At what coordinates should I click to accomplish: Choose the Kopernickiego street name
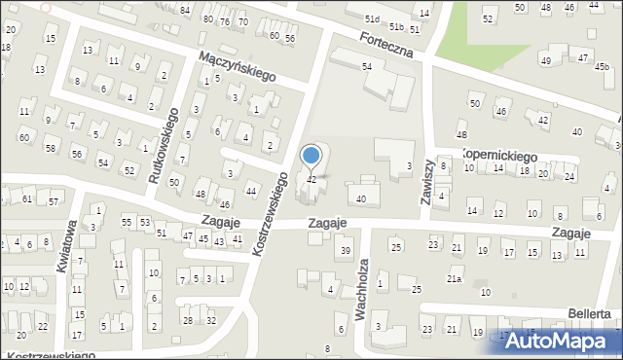click(x=500, y=156)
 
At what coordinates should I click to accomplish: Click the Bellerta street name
click(x=592, y=313)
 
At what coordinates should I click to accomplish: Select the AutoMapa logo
click(x=561, y=342)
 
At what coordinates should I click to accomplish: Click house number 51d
click(x=371, y=18)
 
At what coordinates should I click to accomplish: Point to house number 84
click(x=185, y=10)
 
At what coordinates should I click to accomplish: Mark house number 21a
click(x=454, y=279)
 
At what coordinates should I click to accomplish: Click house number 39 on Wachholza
click(x=345, y=251)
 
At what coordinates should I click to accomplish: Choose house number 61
click(x=27, y=198)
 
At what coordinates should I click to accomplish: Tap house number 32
click(x=211, y=320)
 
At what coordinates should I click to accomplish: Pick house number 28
click(x=187, y=320)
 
